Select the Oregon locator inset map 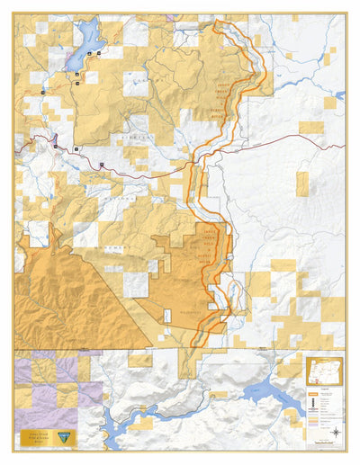pos(323,371)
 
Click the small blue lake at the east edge pos(339,94)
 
